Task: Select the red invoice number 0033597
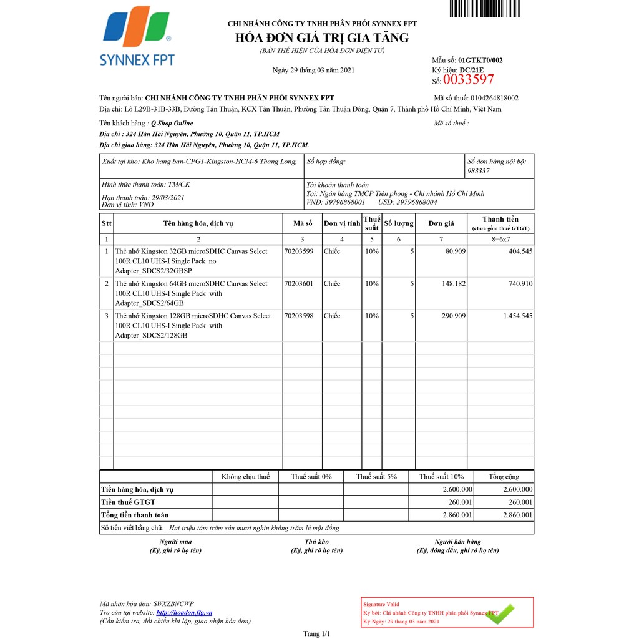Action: (468, 80)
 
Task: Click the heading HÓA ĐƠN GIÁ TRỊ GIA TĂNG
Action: (322, 38)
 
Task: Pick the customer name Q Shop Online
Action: (172, 123)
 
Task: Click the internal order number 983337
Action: (479, 170)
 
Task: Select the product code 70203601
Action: (298, 284)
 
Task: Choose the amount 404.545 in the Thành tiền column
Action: (519, 251)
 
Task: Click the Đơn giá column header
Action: (441, 223)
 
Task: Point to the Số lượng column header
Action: (399, 223)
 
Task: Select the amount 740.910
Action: (519, 284)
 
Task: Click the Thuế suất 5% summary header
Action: (376, 477)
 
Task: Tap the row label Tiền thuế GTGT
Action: (129, 502)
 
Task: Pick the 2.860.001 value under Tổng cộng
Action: (518, 515)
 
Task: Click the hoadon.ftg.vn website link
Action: (184, 612)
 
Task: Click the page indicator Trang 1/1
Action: (316, 633)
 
